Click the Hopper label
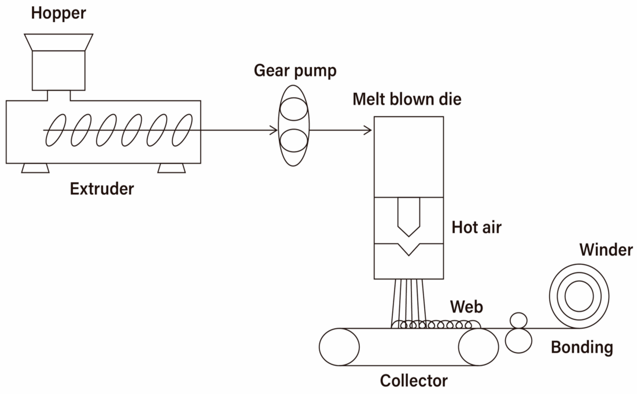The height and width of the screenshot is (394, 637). click(x=58, y=13)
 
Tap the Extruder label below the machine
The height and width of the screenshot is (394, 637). click(x=102, y=189)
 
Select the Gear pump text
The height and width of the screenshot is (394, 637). click(x=295, y=71)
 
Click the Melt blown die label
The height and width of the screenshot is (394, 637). click(x=407, y=99)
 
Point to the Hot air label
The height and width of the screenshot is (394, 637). click(x=476, y=227)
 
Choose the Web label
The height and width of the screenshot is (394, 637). click(x=466, y=307)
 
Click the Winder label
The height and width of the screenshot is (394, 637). click(x=606, y=250)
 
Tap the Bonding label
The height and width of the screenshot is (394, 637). click(x=582, y=347)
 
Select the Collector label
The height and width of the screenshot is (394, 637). click(x=414, y=381)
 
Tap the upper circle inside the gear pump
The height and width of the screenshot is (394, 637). click(x=294, y=109)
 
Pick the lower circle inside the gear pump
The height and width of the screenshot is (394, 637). click(x=294, y=141)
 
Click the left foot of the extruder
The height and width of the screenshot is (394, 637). click(x=35, y=168)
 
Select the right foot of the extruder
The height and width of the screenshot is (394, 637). click(x=171, y=168)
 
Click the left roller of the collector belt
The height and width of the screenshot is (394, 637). click(x=339, y=347)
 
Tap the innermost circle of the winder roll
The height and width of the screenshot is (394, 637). click(x=579, y=296)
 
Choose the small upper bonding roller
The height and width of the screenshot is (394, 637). click(x=518, y=320)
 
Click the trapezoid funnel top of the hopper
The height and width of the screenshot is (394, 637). click(x=58, y=42)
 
